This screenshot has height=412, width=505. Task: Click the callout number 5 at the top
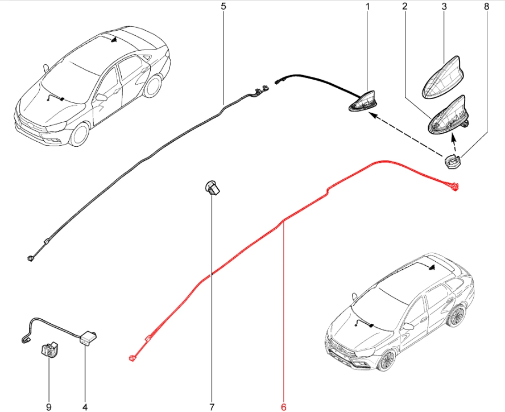coord(223,6)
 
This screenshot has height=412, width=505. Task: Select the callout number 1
coord(367,6)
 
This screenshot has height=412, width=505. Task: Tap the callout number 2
coord(404,6)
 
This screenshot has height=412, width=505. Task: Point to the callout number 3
coord(444,6)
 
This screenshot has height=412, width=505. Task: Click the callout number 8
coord(486,6)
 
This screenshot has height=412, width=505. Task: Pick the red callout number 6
coord(283,407)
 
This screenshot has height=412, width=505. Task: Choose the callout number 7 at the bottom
coord(212,407)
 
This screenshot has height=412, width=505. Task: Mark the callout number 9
coord(49,407)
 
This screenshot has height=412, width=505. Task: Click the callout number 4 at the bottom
coord(85,407)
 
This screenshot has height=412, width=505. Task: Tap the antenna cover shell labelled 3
coord(444,77)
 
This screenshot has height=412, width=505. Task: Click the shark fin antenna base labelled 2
coord(448,116)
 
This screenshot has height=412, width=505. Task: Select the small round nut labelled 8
coord(452,160)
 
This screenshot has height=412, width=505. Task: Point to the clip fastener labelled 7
coord(212,188)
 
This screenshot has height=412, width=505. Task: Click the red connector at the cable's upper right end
coord(454,186)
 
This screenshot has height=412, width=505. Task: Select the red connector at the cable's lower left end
coord(132,358)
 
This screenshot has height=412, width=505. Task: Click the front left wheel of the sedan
coord(79,134)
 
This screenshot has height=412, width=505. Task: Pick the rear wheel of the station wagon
coord(456,316)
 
